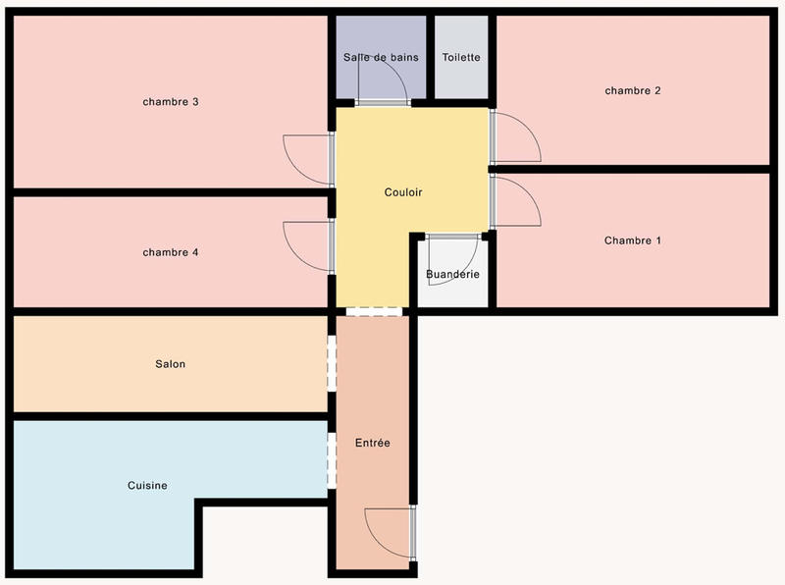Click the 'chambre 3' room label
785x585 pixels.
171,102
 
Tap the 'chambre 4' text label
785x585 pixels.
171,252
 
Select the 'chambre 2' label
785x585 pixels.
633,90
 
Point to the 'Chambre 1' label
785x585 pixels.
633,240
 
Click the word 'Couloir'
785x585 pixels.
403,192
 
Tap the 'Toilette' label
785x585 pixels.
461,57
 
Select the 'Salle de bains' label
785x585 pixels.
381,57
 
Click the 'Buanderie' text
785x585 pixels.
452,274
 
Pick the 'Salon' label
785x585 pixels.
170,363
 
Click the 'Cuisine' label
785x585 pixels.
147,485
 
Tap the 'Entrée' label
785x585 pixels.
372,443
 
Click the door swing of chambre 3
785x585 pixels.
304,158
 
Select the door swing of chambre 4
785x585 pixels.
304,245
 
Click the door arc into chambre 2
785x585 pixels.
518,137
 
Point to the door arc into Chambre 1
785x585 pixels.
518,200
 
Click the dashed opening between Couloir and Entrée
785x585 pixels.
374,312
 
